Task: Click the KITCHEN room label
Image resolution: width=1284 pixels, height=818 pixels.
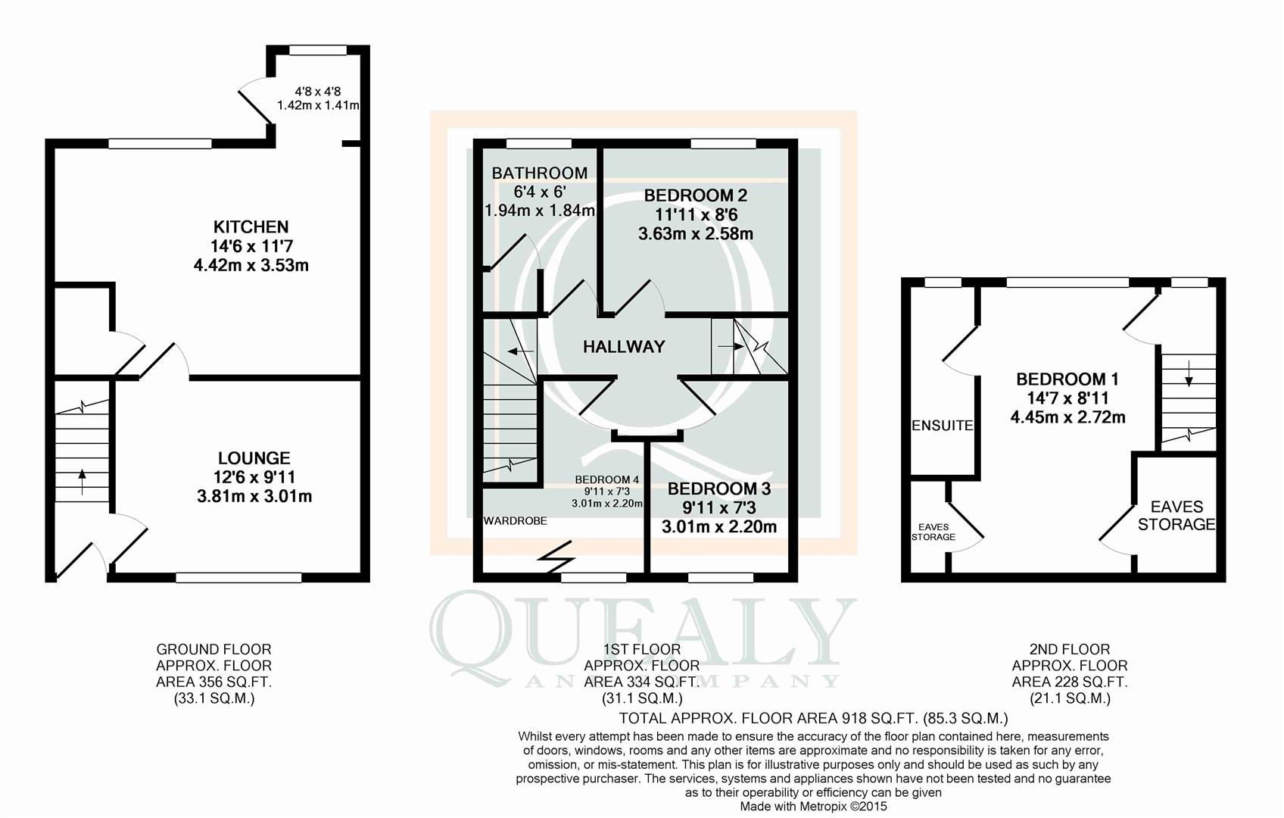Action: tap(251, 226)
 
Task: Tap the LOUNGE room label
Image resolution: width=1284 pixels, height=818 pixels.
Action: tap(254, 457)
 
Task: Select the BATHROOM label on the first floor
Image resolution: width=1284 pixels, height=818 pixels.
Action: tap(539, 173)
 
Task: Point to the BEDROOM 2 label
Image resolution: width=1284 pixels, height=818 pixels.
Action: tap(695, 195)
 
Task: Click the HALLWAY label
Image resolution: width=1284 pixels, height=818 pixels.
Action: tap(624, 346)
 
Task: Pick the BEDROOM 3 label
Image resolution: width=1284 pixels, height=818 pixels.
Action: tap(718, 489)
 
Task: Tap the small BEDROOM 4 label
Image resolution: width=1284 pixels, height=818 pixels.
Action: tap(607, 479)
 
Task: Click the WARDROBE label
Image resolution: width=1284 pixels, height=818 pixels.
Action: tap(516, 521)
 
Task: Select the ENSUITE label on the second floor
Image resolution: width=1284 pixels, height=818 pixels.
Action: tap(943, 425)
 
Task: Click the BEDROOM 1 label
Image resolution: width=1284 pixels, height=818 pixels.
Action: tap(1067, 379)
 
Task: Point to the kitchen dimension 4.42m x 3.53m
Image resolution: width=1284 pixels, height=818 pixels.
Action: tap(251, 266)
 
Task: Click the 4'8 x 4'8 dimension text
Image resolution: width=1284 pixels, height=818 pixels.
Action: tap(317, 91)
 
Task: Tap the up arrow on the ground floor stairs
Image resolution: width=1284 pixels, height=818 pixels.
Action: tap(82, 481)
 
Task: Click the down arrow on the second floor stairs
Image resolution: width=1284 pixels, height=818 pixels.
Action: tap(1189, 373)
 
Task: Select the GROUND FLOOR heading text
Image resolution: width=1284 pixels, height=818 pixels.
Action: tap(213, 649)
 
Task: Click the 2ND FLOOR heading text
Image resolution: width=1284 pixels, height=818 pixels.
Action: tap(1070, 649)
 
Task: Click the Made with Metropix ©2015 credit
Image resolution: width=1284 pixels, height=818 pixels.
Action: tap(813, 807)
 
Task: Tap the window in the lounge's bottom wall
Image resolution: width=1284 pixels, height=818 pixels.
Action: tap(238, 578)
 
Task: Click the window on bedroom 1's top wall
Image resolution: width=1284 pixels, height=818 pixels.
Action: tap(1067, 283)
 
